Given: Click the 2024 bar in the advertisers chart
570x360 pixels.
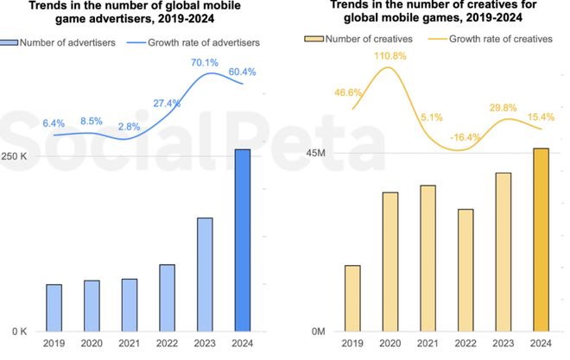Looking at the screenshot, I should coord(243,240).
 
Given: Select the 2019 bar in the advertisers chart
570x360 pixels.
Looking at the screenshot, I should coord(54,307).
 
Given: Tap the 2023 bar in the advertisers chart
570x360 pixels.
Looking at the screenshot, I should coord(205,274).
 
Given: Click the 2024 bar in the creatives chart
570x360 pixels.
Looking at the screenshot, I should coord(541,240).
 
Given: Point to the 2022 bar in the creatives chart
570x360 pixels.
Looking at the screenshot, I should coord(465,270).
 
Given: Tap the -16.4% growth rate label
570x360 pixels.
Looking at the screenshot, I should coord(465,137).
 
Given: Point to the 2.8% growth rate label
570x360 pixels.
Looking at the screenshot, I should coord(129,127).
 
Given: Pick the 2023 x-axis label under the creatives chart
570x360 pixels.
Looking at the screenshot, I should coord(503,344).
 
